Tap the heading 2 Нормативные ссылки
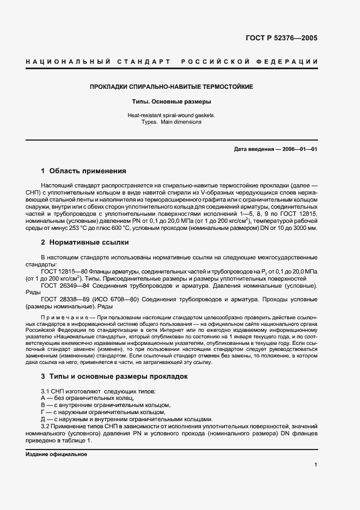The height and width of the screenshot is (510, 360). click(84, 241)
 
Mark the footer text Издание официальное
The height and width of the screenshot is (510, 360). click(56, 454)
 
